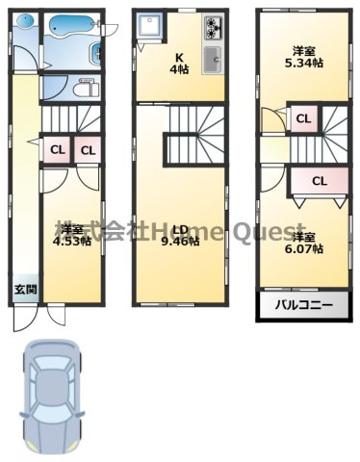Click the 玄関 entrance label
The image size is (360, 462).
click(26, 290)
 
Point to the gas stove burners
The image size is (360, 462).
click(213, 28)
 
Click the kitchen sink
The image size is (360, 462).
click(213, 60)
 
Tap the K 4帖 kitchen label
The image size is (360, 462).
click(179, 64)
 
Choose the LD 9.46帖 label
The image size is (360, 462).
click(180, 236)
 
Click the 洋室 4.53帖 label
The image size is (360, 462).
click(72, 236)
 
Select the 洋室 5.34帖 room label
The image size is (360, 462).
click(304, 58)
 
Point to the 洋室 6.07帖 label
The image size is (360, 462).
click(304, 244)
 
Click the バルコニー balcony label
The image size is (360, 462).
click(303, 305)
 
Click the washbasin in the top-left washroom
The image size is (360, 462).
click(25, 22)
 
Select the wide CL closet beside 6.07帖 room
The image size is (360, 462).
click(320, 181)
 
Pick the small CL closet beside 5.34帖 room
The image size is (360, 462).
click(303, 119)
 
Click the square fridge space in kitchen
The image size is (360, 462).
click(149, 25)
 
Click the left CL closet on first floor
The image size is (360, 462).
click(58, 150)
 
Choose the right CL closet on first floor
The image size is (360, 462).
click(89, 150)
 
